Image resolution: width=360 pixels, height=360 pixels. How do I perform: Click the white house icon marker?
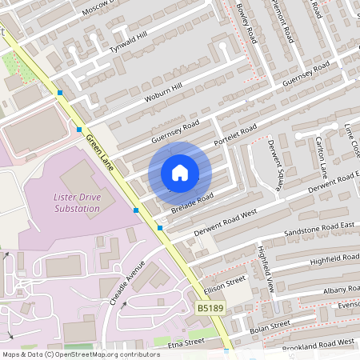180,172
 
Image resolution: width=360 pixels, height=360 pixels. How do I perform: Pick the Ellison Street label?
224,282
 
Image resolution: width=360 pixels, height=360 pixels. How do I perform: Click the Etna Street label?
187,343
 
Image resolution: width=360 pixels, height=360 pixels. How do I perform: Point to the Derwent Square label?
274,164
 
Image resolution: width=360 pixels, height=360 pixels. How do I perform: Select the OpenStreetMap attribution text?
80,354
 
